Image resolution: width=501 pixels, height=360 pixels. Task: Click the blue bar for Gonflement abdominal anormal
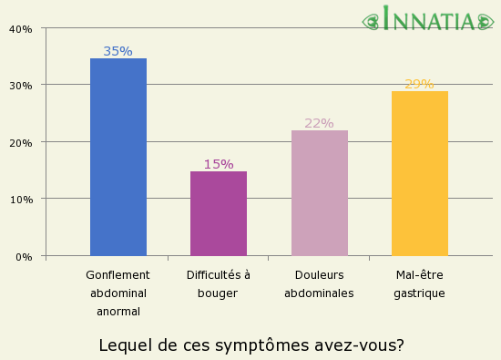tap(118, 157)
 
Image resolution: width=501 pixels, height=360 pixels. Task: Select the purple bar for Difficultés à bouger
tap(219, 213)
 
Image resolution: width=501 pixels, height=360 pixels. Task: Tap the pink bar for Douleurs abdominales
tap(319, 193)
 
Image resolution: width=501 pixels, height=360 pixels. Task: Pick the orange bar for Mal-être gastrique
tap(419, 173)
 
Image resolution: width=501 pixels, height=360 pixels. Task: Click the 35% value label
tap(118, 51)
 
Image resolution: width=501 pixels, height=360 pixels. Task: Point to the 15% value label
tap(219, 164)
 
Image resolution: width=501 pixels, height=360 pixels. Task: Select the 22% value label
tap(319, 123)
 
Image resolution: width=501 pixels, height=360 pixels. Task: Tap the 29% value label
tap(419, 84)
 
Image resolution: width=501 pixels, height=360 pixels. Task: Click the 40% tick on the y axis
tap(20, 28)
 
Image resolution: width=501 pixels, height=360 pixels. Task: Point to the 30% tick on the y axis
tap(20, 85)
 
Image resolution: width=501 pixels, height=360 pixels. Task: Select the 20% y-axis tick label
tap(20, 142)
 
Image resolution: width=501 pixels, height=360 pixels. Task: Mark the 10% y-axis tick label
tap(20, 199)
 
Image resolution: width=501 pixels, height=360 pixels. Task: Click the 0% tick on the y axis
tap(23, 256)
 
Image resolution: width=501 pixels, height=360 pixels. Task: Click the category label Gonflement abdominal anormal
tap(118, 293)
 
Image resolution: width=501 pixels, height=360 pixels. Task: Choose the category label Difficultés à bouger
tap(219, 283)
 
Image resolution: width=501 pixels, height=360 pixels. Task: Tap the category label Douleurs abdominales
tap(319, 283)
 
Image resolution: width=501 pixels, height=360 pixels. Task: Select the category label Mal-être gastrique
tap(419, 283)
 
